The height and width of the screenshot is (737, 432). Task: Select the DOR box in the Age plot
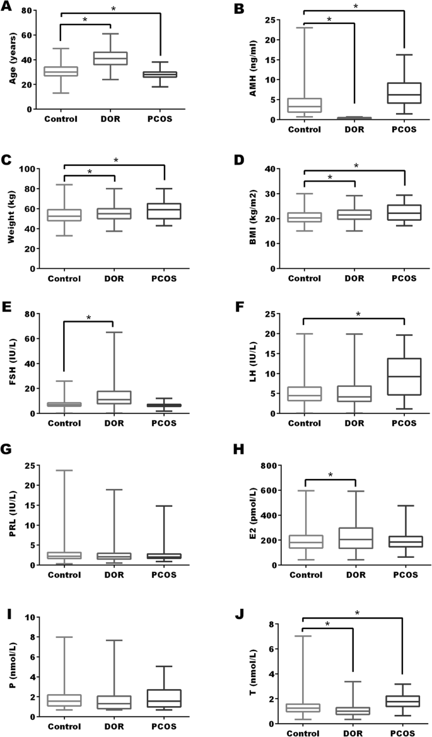point(110,58)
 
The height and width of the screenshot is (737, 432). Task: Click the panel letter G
point(8,451)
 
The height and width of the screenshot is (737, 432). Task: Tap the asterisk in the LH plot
point(358,314)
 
